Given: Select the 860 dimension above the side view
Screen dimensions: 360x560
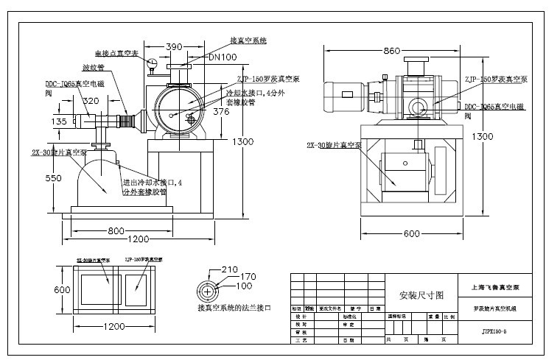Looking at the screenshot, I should click(x=391, y=50).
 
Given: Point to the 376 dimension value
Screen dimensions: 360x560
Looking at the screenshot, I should click(x=221, y=112).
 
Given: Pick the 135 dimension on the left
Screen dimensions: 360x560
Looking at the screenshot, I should click(x=59, y=121).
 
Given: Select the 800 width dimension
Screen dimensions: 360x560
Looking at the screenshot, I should click(x=116, y=230).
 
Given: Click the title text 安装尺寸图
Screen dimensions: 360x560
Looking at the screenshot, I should click(x=421, y=294).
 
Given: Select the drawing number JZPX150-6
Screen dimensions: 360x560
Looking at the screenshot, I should click(x=494, y=332).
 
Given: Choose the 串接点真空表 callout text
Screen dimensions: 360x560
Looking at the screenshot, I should click(x=120, y=53).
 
